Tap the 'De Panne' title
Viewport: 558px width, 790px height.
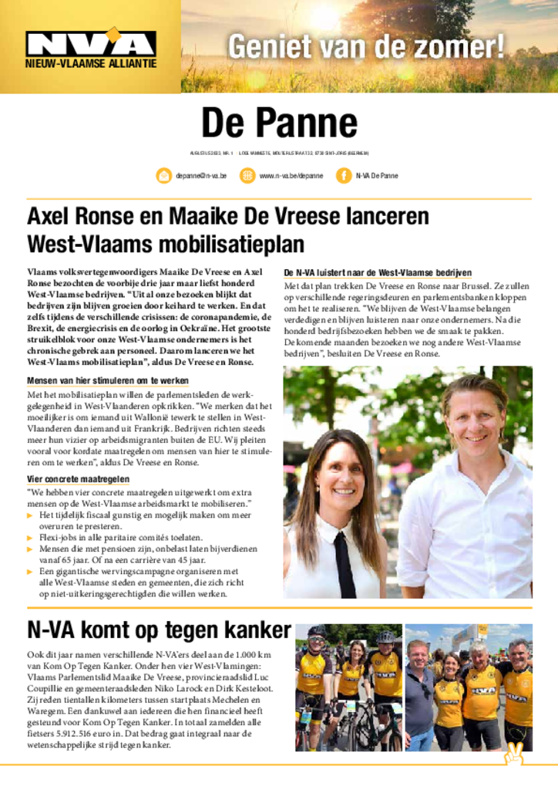pos(279,123)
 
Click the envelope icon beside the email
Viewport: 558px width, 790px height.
pos(164,176)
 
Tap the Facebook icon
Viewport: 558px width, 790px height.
pos(344,176)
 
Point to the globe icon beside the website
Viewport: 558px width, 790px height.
pos(247,176)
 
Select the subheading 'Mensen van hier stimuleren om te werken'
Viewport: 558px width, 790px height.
pos(108,381)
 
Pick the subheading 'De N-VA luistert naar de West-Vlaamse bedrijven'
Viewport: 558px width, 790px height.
pos(378,273)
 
